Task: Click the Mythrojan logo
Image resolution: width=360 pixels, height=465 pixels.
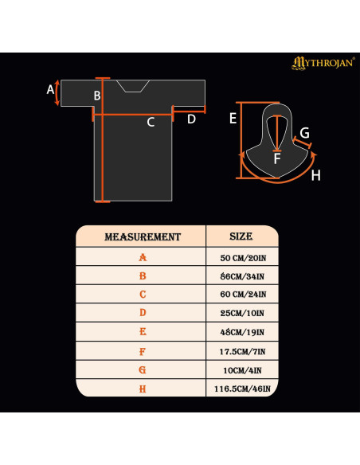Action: (323, 63)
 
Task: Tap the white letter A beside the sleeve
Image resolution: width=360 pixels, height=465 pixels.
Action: (50, 89)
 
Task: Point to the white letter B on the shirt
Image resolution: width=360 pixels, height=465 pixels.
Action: (97, 96)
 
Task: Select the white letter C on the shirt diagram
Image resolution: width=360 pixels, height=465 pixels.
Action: (151, 122)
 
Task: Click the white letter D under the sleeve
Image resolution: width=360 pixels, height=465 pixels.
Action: (192, 119)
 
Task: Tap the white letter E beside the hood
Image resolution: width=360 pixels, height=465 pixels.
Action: (233, 119)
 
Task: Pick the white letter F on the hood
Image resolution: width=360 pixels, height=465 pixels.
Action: (277, 158)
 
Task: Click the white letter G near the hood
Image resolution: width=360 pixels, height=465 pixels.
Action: (304, 133)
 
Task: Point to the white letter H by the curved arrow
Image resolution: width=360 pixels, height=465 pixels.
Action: (316, 175)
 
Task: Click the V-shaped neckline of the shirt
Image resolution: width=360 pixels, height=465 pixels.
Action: (132, 86)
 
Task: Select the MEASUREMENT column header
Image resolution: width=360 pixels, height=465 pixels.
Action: (143, 237)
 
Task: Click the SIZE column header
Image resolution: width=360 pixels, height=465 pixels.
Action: (241, 236)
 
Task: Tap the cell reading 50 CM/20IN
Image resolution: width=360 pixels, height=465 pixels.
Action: (243, 258)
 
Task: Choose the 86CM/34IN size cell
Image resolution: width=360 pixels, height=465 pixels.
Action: (242, 276)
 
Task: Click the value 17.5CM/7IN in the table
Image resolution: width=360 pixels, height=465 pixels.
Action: (242, 352)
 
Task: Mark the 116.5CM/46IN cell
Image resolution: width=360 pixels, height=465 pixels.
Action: (242, 389)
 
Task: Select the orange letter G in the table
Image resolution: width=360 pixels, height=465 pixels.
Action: (143, 370)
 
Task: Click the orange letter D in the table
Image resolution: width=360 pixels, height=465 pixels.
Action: (143, 313)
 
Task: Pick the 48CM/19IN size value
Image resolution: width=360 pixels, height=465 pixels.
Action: (242, 332)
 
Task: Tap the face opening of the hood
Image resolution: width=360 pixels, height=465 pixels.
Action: (277, 133)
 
